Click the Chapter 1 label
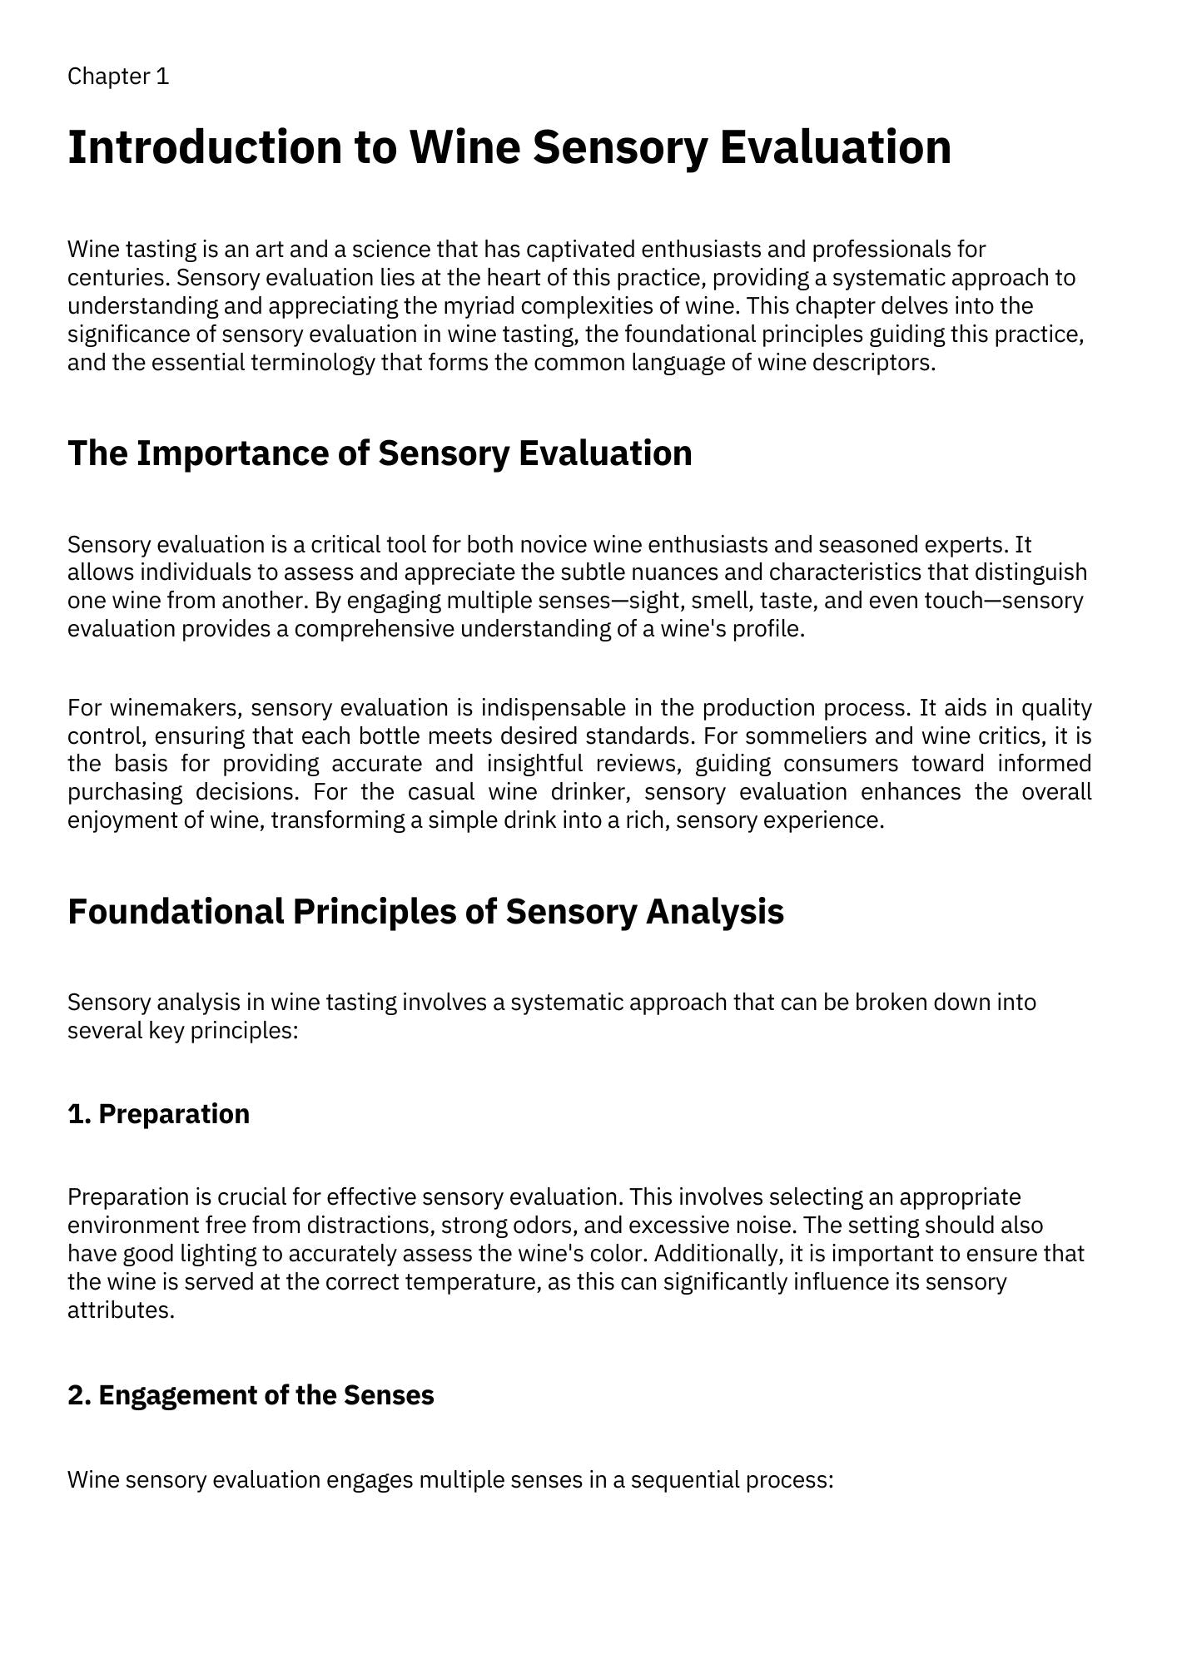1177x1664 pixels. point(118,77)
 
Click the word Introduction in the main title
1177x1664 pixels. point(204,147)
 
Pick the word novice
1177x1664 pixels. point(554,545)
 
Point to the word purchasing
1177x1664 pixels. point(125,791)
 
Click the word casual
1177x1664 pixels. point(440,791)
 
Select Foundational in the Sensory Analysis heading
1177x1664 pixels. point(175,911)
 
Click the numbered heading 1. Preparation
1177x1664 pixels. point(158,1114)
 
